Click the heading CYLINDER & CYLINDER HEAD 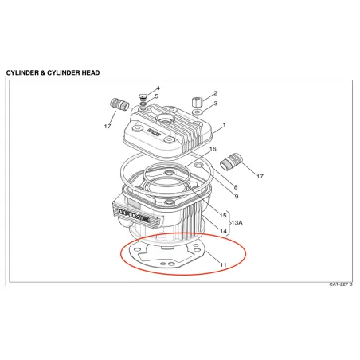[x=53, y=72]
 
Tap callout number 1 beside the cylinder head [x=225, y=125]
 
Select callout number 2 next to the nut [x=215, y=93]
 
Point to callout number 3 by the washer [x=216, y=103]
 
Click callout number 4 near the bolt [x=158, y=88]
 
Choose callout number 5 [x=157, y=96]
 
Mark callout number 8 [x=236, y=187]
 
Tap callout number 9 [x=237, y=197]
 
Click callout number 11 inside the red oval [x=223, y=264]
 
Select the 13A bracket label [x=237, y=222]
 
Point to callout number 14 [x=223, y=231]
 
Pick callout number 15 [x=223, y=215]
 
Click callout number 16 [x=213, y=149]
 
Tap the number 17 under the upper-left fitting [x=108, y=127]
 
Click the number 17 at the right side [x=260, y=176]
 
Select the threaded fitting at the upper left [x=119, y=104]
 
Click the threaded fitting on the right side [x=231, y=160]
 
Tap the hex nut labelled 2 [x=197, y=102]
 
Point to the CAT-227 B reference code [x=341, y=284]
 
